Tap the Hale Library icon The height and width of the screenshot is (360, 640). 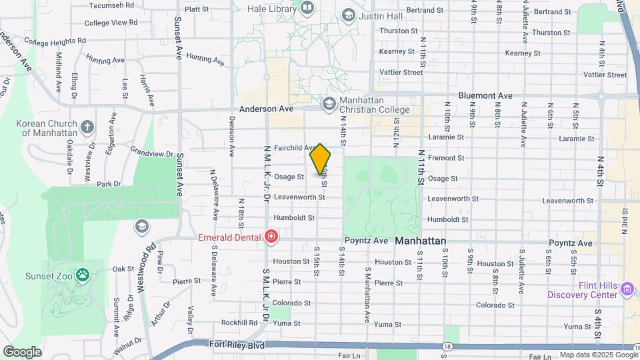[x=307, y=7]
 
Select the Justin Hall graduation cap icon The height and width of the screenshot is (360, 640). [x=348, y=15]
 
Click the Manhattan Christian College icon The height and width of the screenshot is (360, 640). [x=329, y=103]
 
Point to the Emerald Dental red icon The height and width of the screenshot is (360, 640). [x=271, y=236]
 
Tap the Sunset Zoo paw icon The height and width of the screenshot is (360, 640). [x=83, y=274]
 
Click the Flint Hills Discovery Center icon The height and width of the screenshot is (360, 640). [x=627, y=289]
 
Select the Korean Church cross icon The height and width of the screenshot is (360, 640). [x=87, y=127]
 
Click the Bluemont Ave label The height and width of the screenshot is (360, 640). [x=485, y=96]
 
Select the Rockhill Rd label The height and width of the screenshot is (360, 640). [x=240, y=323]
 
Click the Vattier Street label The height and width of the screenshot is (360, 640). [x=401, y=72]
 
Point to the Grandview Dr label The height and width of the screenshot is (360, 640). [x=152, y=153]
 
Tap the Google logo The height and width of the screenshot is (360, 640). [x=22, y=352]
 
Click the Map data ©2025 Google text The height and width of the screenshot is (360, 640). [x=598, y=355]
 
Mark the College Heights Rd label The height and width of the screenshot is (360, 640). [x=55, y=41]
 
